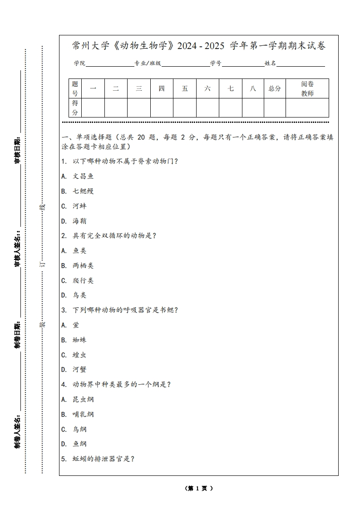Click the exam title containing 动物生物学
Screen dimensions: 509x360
point(199,46)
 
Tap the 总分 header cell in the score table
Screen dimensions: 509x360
point(275,88)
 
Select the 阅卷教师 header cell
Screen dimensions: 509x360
point(307,88)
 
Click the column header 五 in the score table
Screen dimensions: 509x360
point(185,88)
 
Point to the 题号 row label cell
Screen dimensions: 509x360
point(75,88)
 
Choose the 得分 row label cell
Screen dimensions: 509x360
point(75,108)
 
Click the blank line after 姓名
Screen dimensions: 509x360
point(301,64)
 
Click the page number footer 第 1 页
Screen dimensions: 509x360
point(199,489)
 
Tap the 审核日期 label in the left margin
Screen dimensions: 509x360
point(17,150)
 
